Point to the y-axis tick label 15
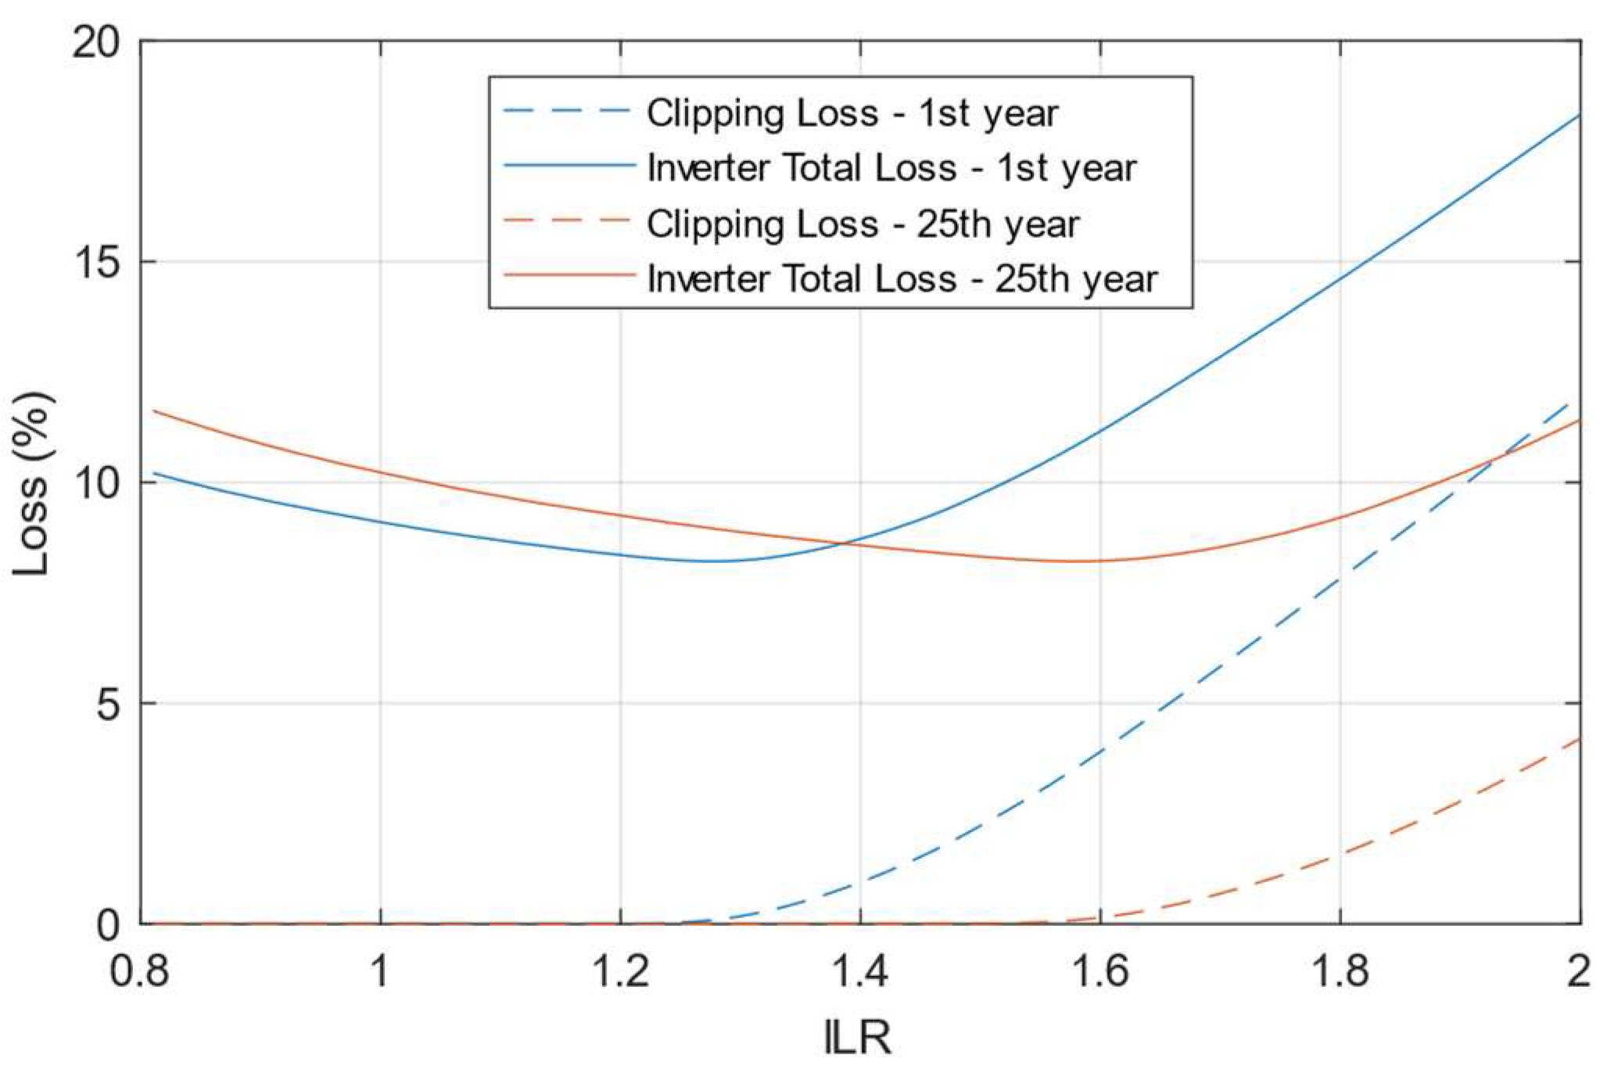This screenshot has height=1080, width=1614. (x=96, y=263)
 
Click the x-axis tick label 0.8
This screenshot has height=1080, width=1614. (x=141, y=972)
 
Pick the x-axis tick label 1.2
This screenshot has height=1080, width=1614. (x=620, y=972)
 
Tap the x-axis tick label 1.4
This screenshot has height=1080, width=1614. (x=860, y=972)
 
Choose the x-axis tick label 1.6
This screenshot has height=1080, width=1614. (x=1100, y=972)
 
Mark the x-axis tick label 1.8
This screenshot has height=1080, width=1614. (x=1340, y=972)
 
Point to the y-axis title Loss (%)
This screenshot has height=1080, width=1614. (x=33, y=484)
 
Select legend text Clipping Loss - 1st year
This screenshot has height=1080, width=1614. (x=852, y=113)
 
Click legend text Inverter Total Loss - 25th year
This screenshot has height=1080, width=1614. (x=902, y=279)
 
